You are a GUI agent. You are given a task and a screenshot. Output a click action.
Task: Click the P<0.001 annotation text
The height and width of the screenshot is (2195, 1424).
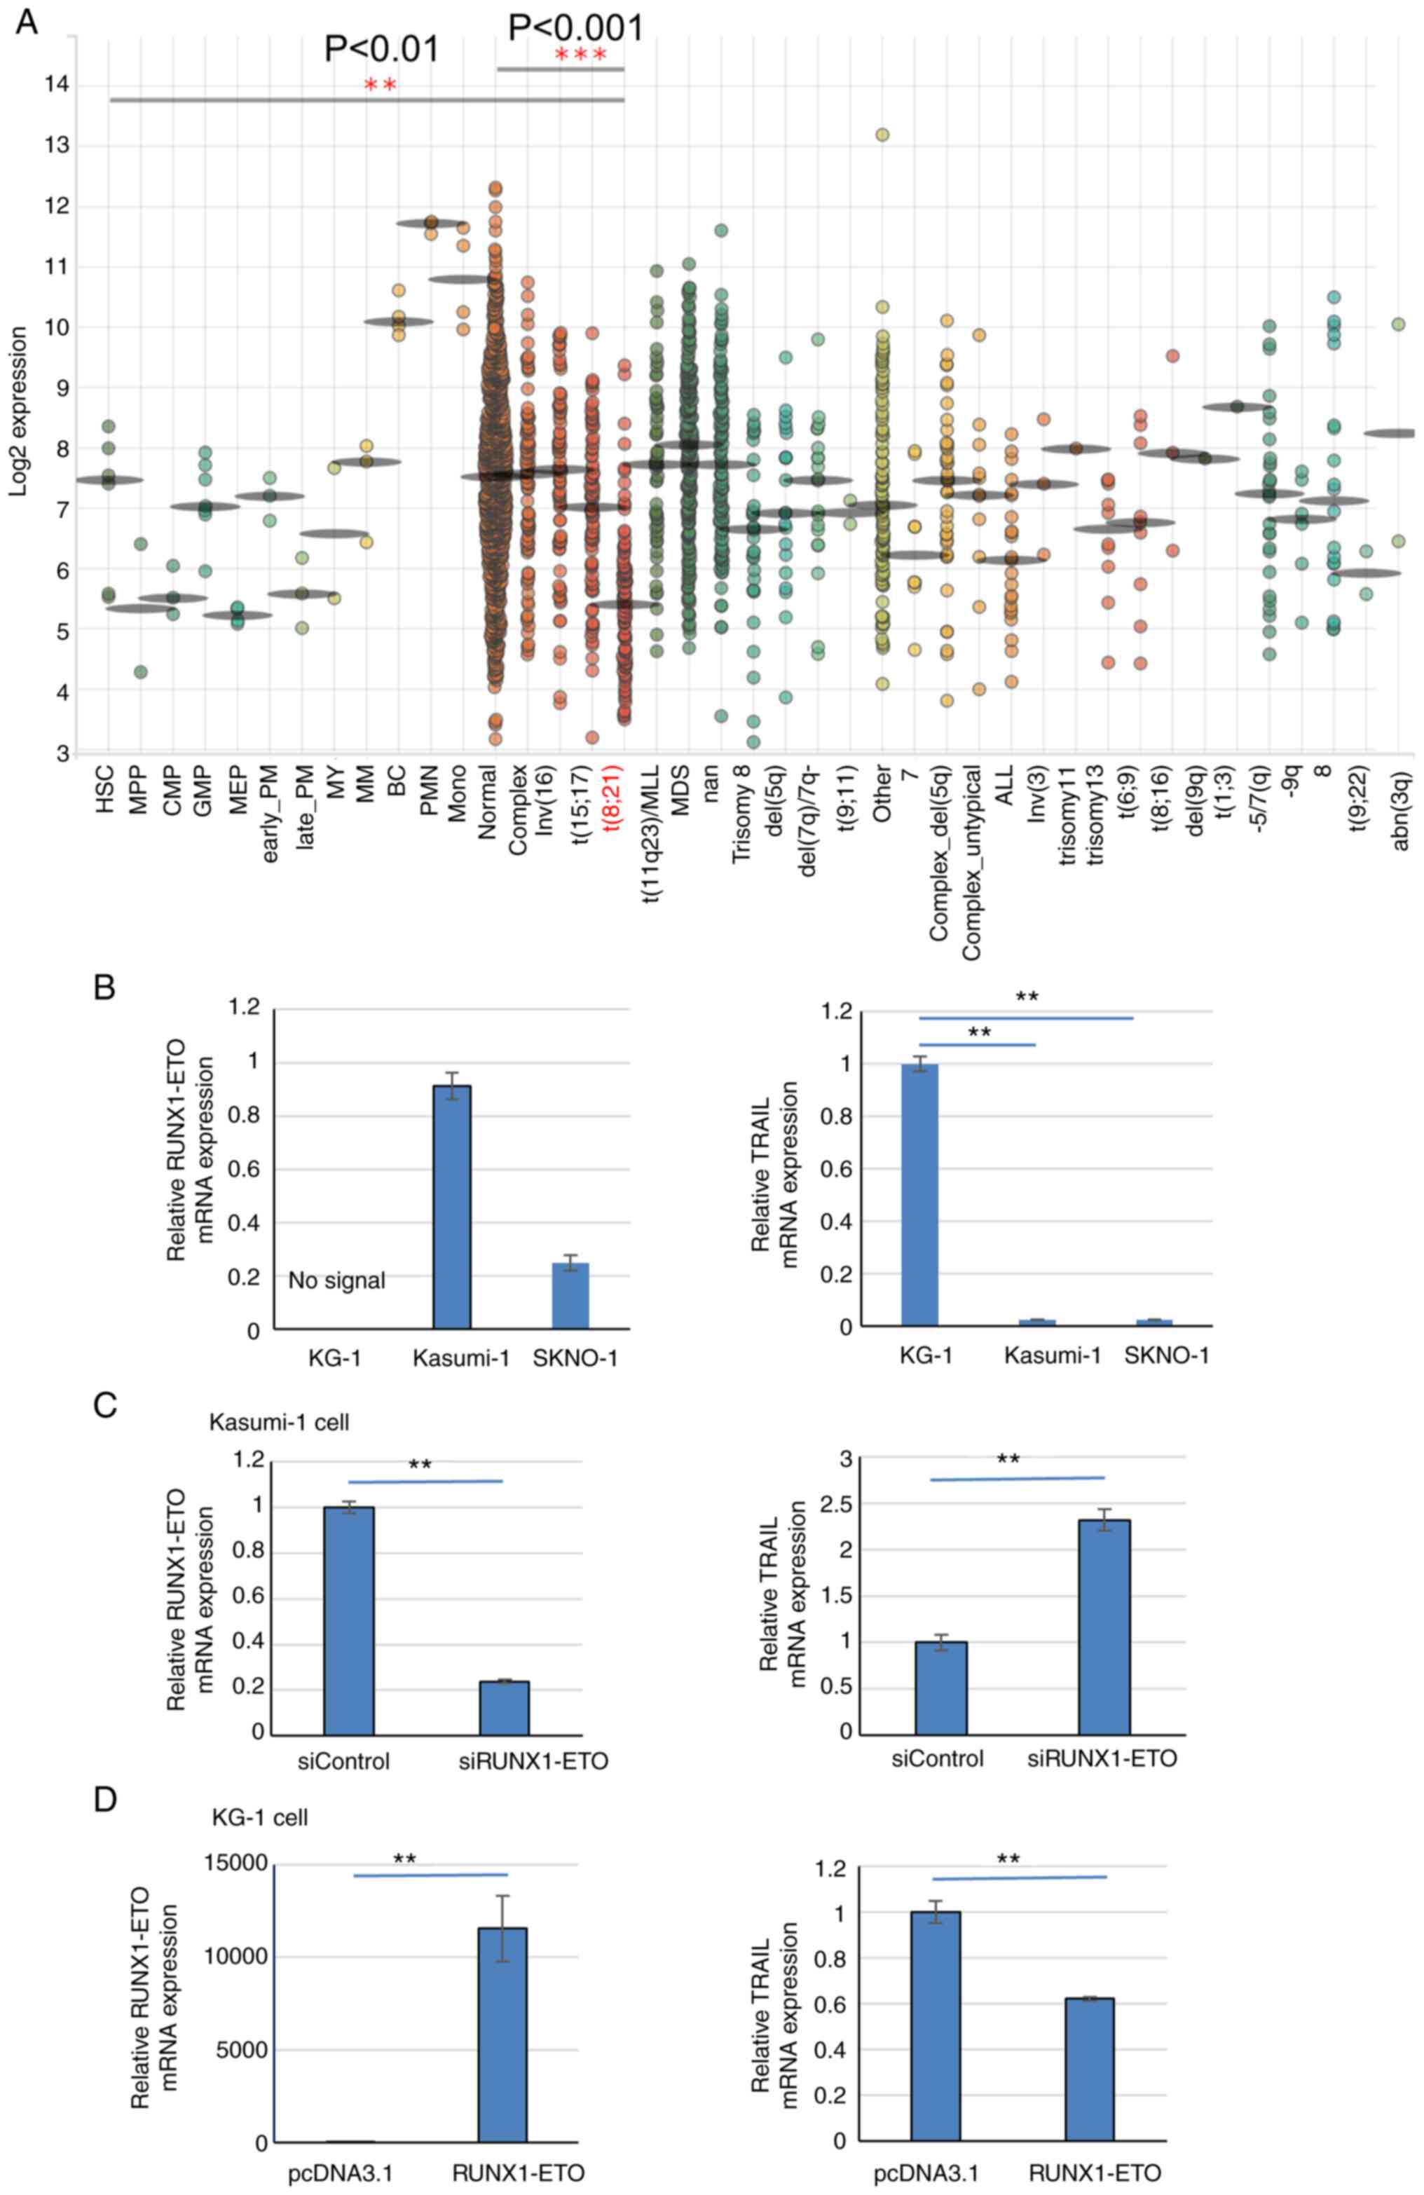click(575, 27)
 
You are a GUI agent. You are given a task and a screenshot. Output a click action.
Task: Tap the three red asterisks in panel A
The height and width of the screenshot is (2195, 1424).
click(581, 56)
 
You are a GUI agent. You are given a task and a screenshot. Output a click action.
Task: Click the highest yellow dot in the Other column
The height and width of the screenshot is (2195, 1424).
click(882, 135)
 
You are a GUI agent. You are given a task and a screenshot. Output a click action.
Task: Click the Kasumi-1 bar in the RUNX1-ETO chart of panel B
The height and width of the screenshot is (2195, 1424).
click(452, 1208)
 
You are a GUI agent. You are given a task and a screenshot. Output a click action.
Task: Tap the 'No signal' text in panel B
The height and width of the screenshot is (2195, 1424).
click(336, 1280)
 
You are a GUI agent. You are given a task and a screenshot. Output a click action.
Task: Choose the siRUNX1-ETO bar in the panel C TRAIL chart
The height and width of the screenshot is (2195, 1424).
click(1104, 1626)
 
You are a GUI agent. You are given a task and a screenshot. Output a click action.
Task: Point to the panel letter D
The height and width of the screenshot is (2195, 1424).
click(105, 1799)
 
